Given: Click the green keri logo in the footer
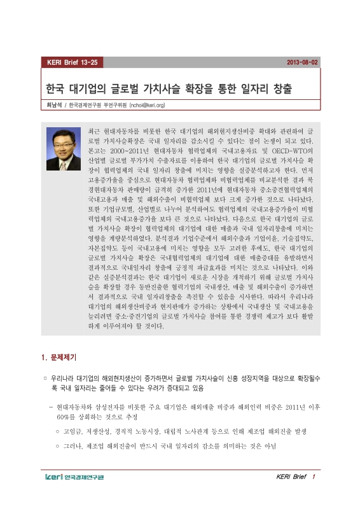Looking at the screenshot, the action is pos(56,477).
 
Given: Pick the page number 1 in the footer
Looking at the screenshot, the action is pos(313,477).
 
